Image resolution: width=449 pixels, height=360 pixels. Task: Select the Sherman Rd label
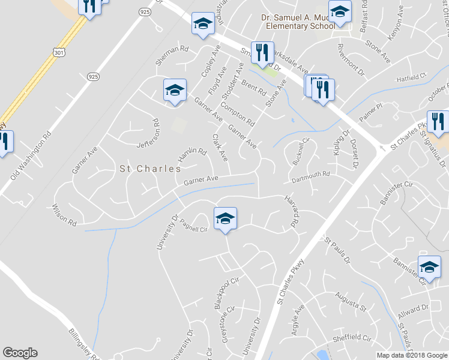pyautogui.click(x=172, y=48)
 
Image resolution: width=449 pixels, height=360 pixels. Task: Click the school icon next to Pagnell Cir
pyautogui.click(x=225, y=218)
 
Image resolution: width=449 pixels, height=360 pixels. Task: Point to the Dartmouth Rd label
pyautogui.click(x=311, y=175)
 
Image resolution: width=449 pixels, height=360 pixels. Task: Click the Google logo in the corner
pyautogui.click(x=20, y=353)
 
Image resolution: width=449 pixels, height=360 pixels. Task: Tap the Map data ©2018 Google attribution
pyautogui.click(x=412, y=355)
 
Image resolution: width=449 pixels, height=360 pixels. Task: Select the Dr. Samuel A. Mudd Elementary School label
pyautogui.click(x=298, y=22)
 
